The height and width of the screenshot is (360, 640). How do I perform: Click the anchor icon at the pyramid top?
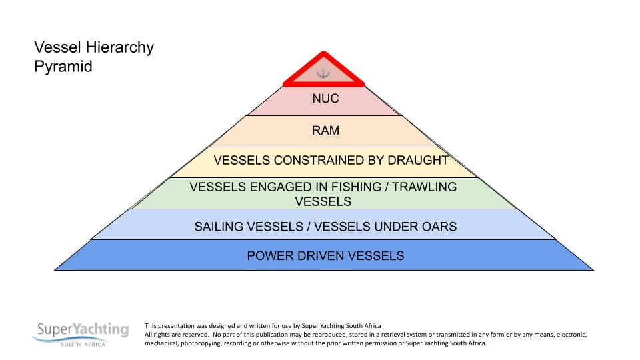click(323, 73)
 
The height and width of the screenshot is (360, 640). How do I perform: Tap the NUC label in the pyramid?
click(325, 99)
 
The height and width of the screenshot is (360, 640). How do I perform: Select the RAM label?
click(325, 131)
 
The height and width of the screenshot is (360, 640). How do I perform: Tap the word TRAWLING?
click(425, 187)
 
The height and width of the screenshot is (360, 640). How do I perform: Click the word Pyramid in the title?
click(63, 67)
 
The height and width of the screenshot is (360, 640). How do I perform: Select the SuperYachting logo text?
click(82, 329)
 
